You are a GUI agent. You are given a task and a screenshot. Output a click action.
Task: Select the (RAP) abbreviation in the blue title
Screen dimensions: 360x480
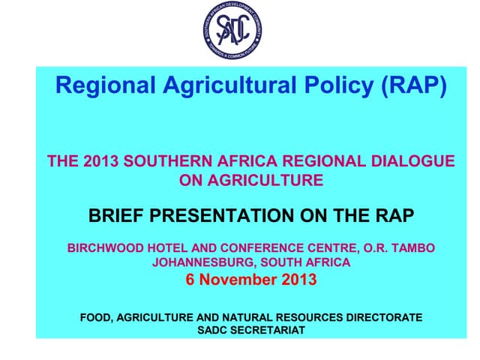(x=415, y=87)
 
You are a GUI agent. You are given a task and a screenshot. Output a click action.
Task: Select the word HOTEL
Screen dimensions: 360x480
(x=166, y=247)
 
